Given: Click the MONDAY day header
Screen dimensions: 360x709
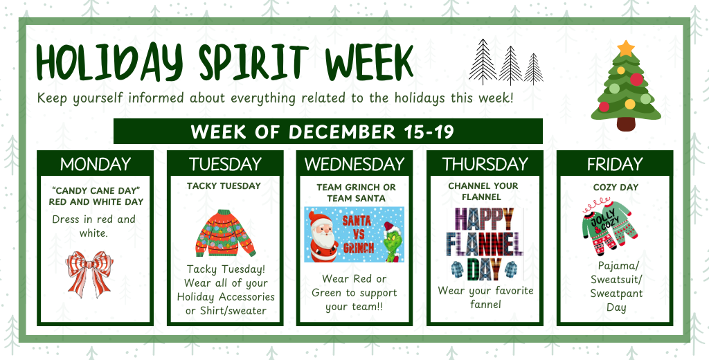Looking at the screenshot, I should tap(95, 164).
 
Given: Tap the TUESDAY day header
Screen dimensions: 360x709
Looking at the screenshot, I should tap(225, 164).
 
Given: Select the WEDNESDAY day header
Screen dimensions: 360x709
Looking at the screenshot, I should tap(354, 164).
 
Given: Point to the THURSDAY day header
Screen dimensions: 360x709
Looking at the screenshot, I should tap(484, 164).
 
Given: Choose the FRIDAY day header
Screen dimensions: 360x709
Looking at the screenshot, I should tap(614, 164).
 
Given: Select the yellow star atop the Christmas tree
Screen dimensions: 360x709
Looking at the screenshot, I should tap(625, 48).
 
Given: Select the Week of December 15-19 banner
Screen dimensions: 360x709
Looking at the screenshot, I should tap(327, 131).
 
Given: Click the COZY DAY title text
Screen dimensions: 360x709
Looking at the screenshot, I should tap(615, 187).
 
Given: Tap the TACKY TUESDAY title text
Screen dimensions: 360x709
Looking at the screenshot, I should tap(224, 186).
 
